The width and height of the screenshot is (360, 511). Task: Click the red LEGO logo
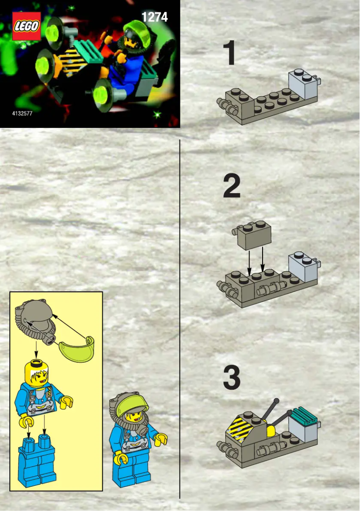pos(26,26)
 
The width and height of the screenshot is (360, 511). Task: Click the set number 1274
pos(154,17)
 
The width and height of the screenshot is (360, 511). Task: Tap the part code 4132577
pos(22,114)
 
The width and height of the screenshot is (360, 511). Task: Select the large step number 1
pos(230,53)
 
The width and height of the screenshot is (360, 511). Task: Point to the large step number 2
pos(232,186)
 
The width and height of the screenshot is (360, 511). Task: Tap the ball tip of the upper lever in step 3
pos(276,401)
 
